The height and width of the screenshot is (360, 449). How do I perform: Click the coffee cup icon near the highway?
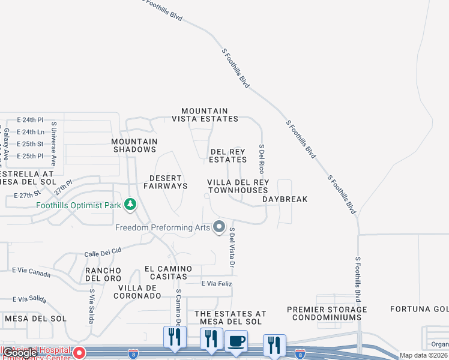(236, 341)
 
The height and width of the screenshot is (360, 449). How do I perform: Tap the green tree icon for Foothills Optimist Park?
(130, 205)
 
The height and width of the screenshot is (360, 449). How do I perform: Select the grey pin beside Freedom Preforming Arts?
(219, 227)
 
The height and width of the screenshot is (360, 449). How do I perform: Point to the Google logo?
(20, 353)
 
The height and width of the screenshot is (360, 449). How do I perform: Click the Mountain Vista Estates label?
(209, 115)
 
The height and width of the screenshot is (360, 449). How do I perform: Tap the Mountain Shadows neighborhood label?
(134, 145)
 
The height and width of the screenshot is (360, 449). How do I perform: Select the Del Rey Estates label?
(228, 156)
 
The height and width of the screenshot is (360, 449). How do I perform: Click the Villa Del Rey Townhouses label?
(238, 186)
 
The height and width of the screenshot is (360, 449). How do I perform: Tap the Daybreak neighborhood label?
(285, 199)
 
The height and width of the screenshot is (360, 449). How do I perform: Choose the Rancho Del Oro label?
(103, 274)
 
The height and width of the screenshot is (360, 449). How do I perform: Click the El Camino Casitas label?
(168, 272)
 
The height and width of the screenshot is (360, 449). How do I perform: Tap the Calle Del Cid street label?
(103, 251)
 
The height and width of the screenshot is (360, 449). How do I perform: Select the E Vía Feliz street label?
(216, 283)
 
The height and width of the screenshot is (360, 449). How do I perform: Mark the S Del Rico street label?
(262, 158)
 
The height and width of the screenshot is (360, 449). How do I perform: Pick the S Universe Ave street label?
(54, 144)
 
